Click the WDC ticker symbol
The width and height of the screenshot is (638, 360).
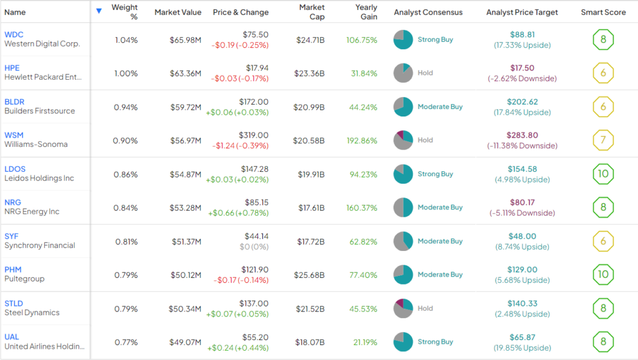14,34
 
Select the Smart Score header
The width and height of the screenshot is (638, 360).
602,12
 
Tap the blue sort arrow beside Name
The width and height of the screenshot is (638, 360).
99,11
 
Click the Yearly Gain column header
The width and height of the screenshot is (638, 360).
366,12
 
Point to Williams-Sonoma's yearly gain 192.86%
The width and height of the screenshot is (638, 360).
362,141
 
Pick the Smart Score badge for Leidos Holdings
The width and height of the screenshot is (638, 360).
603,174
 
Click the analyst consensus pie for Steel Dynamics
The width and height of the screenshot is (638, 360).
403,308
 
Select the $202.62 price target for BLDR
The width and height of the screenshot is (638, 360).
522,102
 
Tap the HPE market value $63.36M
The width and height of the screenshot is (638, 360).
186,73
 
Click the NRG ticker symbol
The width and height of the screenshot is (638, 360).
13,202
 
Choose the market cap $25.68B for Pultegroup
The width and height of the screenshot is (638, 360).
309,275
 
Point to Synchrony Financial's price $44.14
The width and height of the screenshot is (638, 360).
255,236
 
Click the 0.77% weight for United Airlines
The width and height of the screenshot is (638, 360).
126,342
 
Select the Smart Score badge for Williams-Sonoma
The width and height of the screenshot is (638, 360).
603,140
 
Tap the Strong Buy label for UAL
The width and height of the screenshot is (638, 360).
436,342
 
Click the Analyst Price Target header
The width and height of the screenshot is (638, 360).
522,12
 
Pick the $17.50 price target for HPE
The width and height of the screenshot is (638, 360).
522,69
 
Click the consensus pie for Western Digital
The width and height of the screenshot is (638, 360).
403,40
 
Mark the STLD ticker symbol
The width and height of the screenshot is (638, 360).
14,303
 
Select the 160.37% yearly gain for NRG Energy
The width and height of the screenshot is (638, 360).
362,207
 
